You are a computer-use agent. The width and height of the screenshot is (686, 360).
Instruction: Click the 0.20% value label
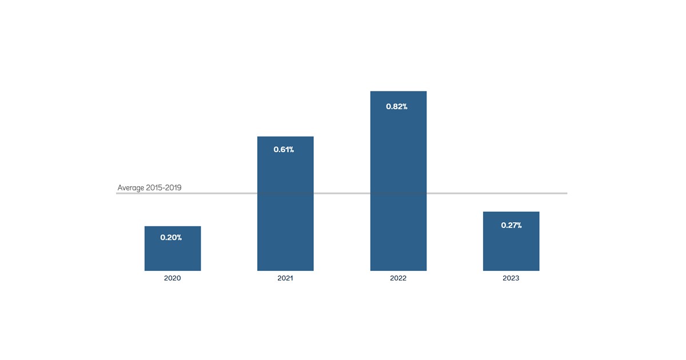point(171,237)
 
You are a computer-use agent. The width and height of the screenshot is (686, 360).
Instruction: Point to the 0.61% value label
point(284,150)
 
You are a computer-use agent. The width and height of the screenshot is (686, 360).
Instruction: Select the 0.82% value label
point(397,106)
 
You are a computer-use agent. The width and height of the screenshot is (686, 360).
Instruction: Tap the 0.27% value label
point(511,225)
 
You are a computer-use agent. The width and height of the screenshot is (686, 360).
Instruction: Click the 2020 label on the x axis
point(172,278)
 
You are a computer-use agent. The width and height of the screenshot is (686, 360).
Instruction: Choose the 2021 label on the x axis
point(285,278)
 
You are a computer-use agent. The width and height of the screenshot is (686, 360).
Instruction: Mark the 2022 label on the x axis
point(398,278)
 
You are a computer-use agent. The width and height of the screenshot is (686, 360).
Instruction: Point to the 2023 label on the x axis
point(511,278)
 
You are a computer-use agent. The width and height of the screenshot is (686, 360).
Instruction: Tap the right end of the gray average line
point(566,193)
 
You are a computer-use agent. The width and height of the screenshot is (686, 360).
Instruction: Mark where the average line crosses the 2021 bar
point(285,193)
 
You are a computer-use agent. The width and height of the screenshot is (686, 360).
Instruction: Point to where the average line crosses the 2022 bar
point(398,193)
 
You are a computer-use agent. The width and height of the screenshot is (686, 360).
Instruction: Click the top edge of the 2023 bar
point(511,212)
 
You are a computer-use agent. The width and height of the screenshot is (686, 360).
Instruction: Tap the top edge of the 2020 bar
point(172,227)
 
